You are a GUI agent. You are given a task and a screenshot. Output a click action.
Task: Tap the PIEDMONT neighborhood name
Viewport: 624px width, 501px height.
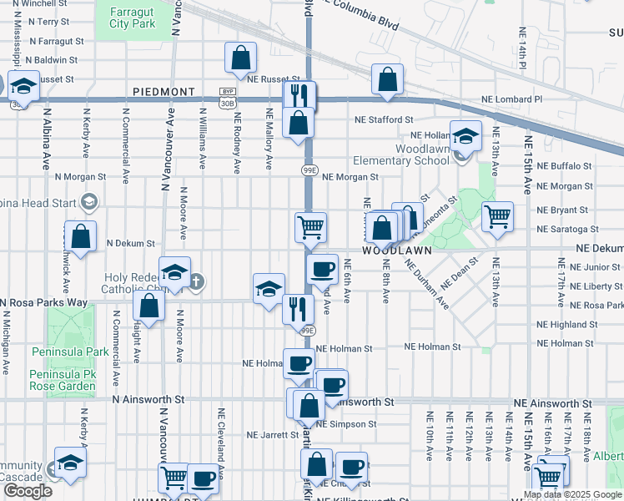164,91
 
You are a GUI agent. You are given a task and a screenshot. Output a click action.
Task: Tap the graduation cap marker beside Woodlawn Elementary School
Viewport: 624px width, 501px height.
465,134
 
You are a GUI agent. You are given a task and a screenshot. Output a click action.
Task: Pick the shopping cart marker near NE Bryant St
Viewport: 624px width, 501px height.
497,215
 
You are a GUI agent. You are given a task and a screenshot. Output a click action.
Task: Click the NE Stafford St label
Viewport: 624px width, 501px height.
385,120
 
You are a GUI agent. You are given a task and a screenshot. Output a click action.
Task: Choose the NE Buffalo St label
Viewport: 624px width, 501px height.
565,166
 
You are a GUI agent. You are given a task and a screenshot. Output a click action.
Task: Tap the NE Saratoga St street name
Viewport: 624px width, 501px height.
568,229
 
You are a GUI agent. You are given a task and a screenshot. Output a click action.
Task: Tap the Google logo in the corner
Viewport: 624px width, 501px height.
28,491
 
